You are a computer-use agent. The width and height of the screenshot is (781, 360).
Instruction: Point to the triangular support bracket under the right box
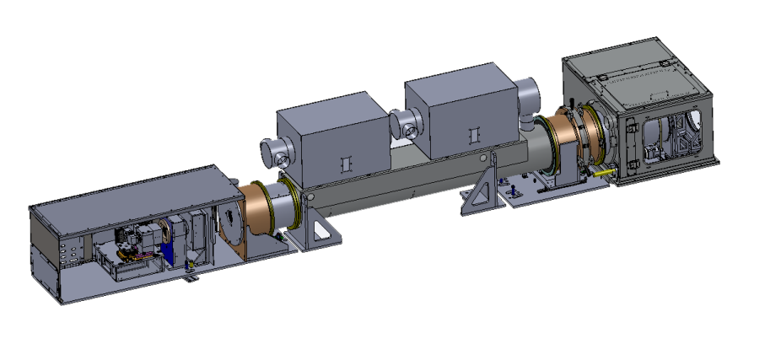coord(482,192)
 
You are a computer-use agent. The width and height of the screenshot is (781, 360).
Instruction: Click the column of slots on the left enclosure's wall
coord(70,250)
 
